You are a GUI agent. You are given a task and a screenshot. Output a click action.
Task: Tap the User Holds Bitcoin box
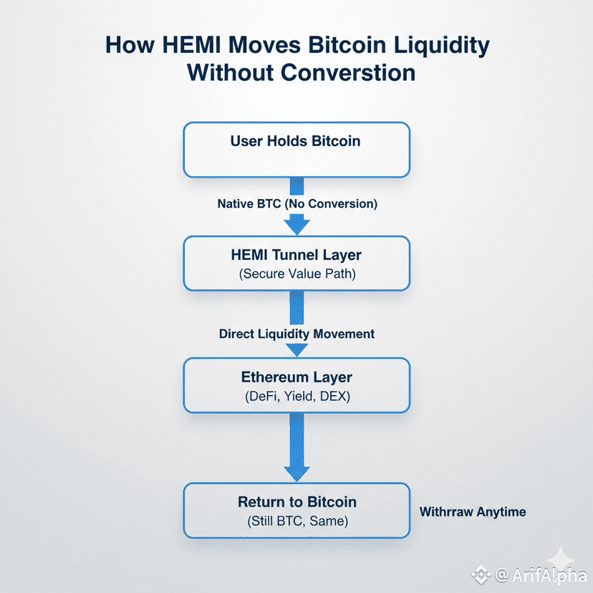[296, 149]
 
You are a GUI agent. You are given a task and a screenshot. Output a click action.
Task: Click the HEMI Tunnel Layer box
[296, 263]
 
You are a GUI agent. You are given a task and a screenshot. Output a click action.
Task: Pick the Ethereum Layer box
[296, 385]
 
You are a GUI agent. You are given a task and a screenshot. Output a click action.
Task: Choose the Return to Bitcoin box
[296, 510]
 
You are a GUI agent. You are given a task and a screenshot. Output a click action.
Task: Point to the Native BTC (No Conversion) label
[296, 203]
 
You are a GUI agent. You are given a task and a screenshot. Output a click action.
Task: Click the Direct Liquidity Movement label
[296, 334]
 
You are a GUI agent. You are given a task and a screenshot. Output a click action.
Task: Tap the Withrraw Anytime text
[473, 511]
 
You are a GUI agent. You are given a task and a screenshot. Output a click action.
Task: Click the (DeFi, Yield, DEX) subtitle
[296, 397]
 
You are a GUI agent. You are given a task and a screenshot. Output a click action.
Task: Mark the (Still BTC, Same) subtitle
[296, 521]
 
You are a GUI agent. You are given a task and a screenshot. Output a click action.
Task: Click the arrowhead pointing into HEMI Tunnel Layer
[296, 226]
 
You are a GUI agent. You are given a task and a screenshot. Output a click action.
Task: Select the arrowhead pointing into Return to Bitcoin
[296, 473]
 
